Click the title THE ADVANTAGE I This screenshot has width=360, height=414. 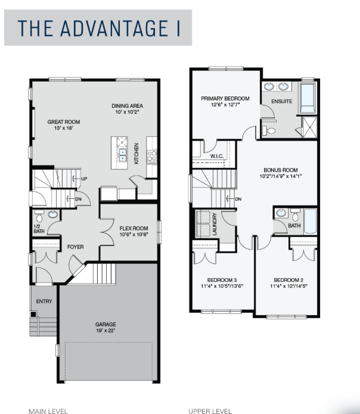point(99,28)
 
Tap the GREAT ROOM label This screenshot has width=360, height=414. point(64,122)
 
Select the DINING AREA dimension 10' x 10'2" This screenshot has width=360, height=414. point(127,111)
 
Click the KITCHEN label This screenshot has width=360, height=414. point(136,154)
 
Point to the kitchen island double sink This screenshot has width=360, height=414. point(122,155)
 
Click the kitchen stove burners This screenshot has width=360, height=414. point(152,156)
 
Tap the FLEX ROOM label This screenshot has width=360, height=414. point(134,228)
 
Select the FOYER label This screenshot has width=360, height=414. point(75,247)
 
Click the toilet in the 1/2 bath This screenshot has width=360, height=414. point(39,216)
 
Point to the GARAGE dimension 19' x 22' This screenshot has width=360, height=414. point(105,330)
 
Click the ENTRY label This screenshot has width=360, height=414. point(44,301)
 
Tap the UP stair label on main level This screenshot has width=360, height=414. point(84,179)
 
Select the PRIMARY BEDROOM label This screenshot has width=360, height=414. point(225,98)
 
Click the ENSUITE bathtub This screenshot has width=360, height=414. point(308,98)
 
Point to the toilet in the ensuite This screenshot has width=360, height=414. point(269,130)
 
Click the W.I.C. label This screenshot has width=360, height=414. point(217,156)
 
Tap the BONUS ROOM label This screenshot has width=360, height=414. point(281,170)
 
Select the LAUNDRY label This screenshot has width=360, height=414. point(215,224)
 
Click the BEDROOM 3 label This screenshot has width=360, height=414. point(222,280)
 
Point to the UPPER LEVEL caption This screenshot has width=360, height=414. point(210,411)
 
